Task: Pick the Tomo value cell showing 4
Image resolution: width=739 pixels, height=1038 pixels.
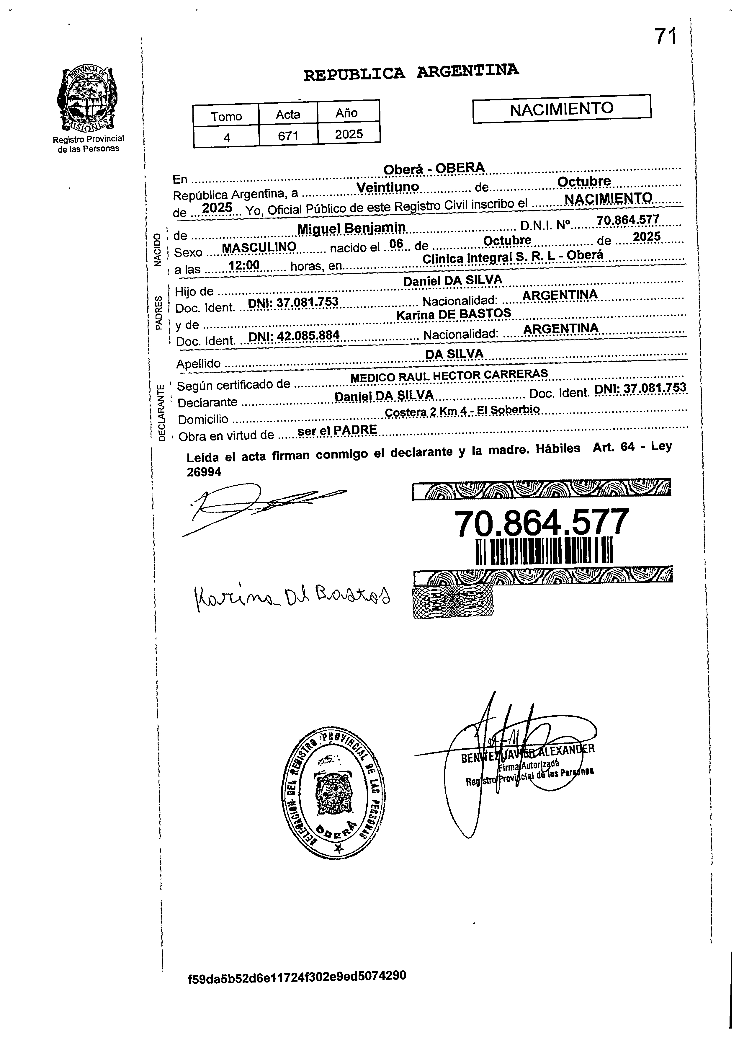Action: click(x=226, y=136)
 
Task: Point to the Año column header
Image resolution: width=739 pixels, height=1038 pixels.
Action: click(x=347, y=113)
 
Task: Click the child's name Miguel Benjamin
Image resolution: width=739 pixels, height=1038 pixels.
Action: click(x=351, y=228)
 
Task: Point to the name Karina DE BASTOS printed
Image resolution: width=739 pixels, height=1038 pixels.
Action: click(x=453, y=314)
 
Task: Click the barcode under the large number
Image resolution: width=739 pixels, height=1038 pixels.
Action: click(x=544, y=550)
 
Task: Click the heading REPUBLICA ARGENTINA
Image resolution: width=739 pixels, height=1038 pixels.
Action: click(x=411, y=72)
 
